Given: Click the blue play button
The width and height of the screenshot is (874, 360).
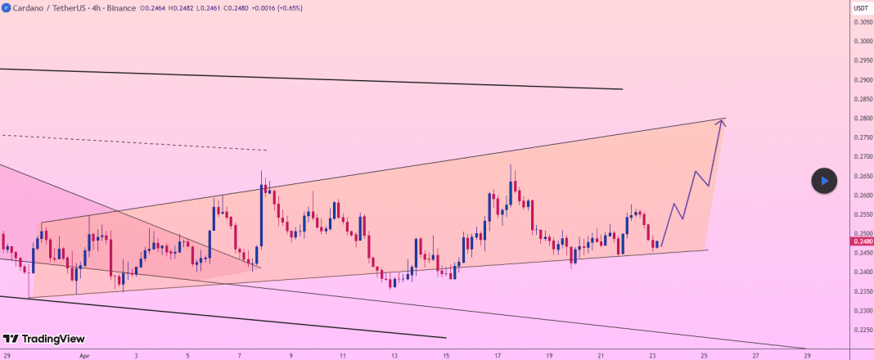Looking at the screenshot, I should tap(824, 181).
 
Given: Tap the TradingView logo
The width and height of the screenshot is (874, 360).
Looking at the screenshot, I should tap(44, 339).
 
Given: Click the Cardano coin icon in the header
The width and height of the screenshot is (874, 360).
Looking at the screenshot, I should tap(7, 7).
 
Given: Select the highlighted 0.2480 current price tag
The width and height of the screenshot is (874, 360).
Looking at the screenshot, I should tap(863, 241).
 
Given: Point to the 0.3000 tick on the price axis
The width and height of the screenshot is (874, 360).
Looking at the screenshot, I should tap(863, 41).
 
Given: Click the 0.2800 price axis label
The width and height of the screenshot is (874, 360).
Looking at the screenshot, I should tap(863, 119).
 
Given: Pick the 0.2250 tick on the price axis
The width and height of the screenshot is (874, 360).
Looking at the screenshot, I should tap(863, 331).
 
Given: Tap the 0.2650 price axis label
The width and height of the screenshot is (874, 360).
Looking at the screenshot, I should tap(863, 176).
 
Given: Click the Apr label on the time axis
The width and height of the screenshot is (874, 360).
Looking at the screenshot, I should tap(84, 356).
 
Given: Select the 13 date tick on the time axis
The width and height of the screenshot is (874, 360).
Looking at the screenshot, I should tap(394, 356).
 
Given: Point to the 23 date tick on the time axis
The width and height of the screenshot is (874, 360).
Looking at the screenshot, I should tap(652, 356).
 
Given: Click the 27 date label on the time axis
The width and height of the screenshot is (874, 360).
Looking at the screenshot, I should tap(755, 356).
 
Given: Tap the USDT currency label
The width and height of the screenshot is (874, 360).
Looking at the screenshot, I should tap(861, 7).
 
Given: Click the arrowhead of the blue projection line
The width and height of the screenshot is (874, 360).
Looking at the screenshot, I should tap(721, 123).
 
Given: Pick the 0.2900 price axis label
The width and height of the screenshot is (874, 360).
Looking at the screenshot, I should tap(863, 80).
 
